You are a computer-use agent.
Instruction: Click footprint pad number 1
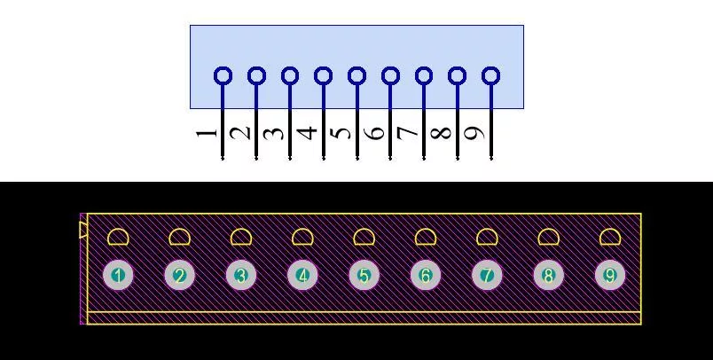point(118,276)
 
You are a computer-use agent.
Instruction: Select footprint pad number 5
point(364,276)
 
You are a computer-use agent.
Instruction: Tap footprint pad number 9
point(610,276)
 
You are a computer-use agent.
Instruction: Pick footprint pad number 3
point(241,276)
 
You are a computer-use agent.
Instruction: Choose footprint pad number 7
point(487,276)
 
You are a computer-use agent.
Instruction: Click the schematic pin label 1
point(207,133)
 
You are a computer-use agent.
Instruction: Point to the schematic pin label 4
point(308,133)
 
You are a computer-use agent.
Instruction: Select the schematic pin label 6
point(375,133)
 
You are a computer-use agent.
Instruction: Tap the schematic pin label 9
point(475,133)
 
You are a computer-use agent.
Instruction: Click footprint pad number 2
point(180,276)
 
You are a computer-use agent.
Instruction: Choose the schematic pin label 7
point(408,133)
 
